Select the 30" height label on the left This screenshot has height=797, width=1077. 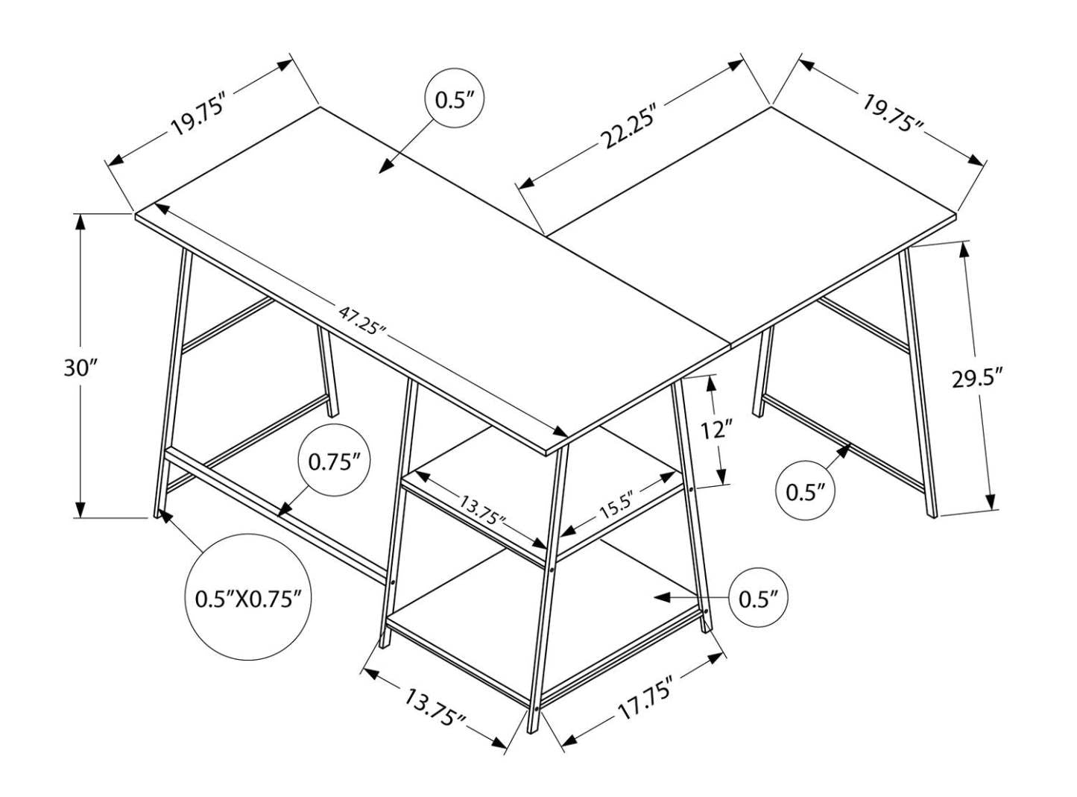(80, 368)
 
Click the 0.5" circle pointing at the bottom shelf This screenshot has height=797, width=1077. (758, 598)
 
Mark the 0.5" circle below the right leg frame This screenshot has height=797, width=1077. (805, 492)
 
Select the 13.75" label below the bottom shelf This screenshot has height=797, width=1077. (435, 708)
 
